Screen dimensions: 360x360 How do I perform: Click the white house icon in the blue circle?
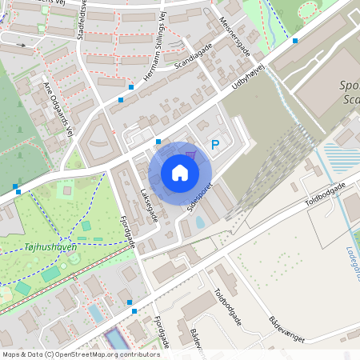tap(180, 173)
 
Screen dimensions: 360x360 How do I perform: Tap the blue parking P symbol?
tap(214, 145)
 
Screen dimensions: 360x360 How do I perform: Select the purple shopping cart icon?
tap(190, 154)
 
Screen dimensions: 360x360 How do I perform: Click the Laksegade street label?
tap(148, 205)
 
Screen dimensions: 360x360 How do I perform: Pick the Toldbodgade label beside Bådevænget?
tap(230, 307)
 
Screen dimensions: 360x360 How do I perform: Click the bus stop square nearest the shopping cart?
tap(158, 142)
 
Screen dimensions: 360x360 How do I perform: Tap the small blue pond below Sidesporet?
tap(199, 222)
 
